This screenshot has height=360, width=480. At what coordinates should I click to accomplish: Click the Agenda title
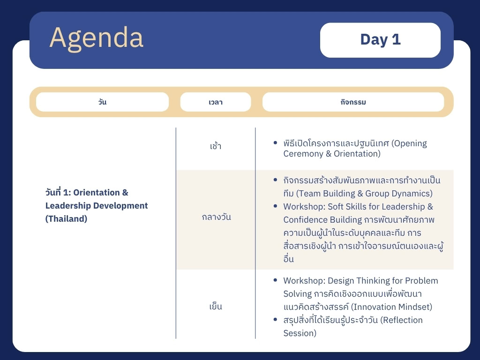(x=96, y=38)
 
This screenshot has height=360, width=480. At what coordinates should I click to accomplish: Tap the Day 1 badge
(x=380, y=40)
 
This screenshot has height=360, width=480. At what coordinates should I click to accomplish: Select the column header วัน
(x=102, y=102)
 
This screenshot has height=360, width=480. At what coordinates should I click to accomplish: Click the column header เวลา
(x=216, y=102)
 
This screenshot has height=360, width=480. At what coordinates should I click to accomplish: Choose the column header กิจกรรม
(x=353, y=102)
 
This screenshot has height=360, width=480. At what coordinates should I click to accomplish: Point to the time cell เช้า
(x=216, y=146)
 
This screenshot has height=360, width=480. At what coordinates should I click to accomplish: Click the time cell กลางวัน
(x=216, y=217)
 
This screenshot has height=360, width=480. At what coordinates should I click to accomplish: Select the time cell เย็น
(x=216, y=306)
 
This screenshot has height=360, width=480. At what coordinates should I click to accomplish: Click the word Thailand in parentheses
(x=66, y=219)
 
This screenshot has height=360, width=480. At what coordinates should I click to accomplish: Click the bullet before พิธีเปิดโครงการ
(x=275, y=142)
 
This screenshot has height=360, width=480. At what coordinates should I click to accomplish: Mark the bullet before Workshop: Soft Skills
(x=275, y=206)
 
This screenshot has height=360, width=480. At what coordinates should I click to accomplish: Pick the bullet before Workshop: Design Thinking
(x=275, y=280)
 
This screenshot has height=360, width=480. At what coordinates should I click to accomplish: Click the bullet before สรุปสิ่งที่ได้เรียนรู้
(x=275, y=320)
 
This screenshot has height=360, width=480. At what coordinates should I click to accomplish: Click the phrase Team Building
(x=327, y=194)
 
